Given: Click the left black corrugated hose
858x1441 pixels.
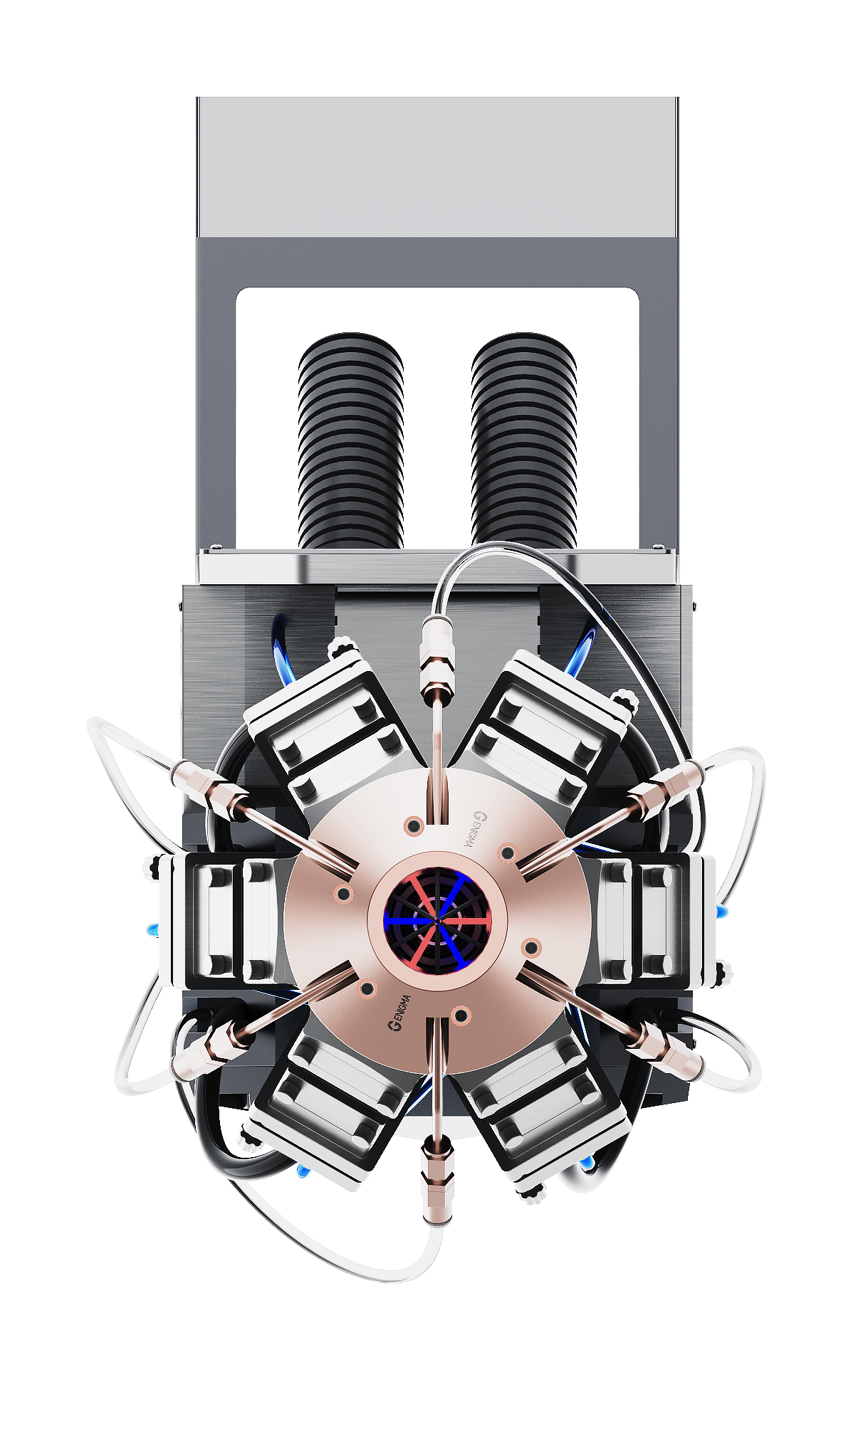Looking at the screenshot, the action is [350, 441].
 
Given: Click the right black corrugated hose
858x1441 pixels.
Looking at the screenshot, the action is [523, 441].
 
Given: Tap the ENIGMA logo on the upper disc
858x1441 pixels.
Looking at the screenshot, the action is [471, 828].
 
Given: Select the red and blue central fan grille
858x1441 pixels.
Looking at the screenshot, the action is [437, 921].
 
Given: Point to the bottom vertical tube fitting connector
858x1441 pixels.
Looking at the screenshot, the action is [436, 1181].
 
